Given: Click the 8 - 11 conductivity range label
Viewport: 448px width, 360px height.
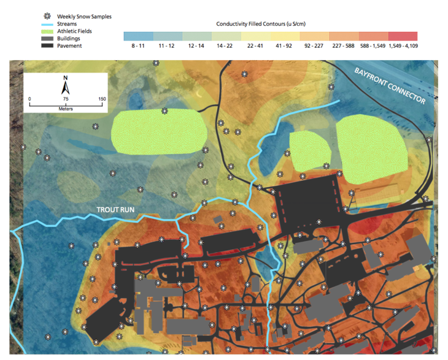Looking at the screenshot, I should tap(138, 46).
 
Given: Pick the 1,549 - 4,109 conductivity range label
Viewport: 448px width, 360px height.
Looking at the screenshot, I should tap(401, 46).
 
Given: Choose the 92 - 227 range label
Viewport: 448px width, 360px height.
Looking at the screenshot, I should tap(314, 46).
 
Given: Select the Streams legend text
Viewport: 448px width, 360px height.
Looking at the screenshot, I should tap(67, 23).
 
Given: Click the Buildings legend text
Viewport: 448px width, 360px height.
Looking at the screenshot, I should tap(68, 38).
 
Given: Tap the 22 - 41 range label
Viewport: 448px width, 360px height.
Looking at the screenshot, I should tap(255, 46).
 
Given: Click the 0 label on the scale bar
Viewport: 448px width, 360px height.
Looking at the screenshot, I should tap(29, 99).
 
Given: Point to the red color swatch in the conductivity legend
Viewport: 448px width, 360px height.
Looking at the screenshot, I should tap(403, 36).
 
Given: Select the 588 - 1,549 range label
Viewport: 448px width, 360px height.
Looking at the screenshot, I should tap(370, 46).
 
